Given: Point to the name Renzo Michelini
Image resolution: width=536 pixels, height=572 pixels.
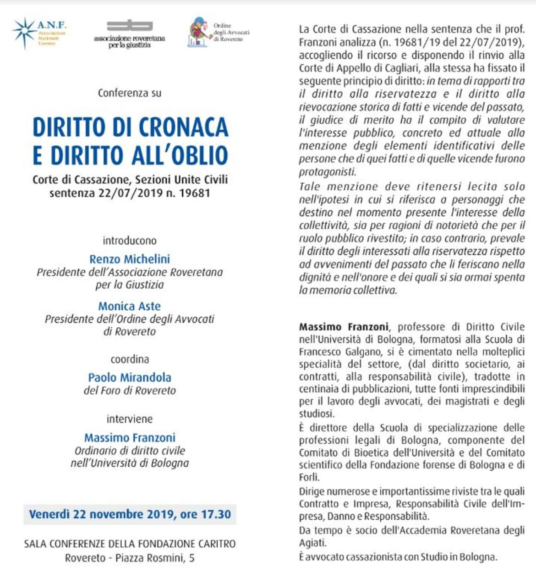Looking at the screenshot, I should [130, 259].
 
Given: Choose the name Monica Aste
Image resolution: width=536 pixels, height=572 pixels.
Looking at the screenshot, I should [130, 306].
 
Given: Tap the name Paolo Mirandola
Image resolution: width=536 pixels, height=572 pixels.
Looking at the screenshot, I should [130, 378].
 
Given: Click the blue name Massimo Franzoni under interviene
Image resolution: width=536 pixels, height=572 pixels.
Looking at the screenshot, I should [130, 438].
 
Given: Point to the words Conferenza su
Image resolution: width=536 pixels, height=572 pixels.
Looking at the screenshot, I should [130, 93].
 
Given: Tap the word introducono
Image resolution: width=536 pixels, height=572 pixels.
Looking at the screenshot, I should [130, 241].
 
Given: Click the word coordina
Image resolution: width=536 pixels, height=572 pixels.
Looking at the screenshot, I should [130, 359].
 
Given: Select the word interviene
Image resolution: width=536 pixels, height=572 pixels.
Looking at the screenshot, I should [130, 419].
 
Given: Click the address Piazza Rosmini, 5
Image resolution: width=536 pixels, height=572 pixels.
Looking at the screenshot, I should [155, 558].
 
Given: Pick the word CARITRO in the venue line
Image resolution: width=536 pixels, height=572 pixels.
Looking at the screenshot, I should [213, 544].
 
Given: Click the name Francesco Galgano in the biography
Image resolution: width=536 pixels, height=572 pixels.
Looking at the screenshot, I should [335, 352].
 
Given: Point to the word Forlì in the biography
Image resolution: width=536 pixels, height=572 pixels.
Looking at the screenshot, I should [309, 477].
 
